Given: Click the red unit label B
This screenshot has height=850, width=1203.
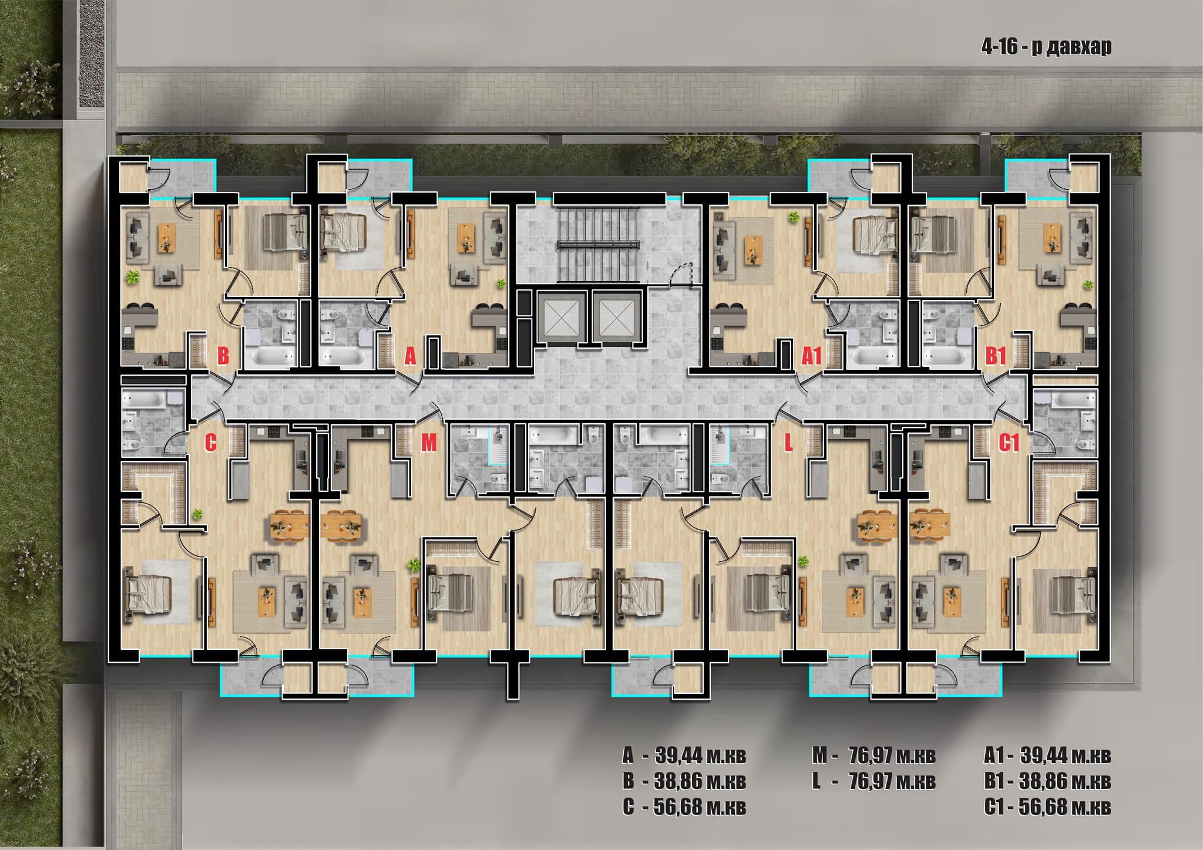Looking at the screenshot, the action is click(223, 356).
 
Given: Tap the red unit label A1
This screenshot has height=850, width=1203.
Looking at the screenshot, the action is click(811, 356).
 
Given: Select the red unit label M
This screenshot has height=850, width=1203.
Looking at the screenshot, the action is click(429, 443).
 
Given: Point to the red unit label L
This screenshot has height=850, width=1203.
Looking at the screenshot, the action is click(788, 443).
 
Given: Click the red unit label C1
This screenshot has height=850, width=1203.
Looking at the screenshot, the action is click(1009, 443).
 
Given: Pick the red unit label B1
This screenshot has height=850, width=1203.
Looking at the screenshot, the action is click(996, 356).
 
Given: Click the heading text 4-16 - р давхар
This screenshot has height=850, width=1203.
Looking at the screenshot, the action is click(1046, 46).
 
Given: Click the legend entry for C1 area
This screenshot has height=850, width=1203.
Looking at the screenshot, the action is click(1047, 807).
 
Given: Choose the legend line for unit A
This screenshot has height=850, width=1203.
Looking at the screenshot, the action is click(684, 755).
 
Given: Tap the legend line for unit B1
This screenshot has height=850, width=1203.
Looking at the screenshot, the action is click(1047, 781).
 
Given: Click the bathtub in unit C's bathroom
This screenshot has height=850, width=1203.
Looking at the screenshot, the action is click(145, 401).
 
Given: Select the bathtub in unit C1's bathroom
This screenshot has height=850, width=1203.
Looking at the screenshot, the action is click(1074, 401).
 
